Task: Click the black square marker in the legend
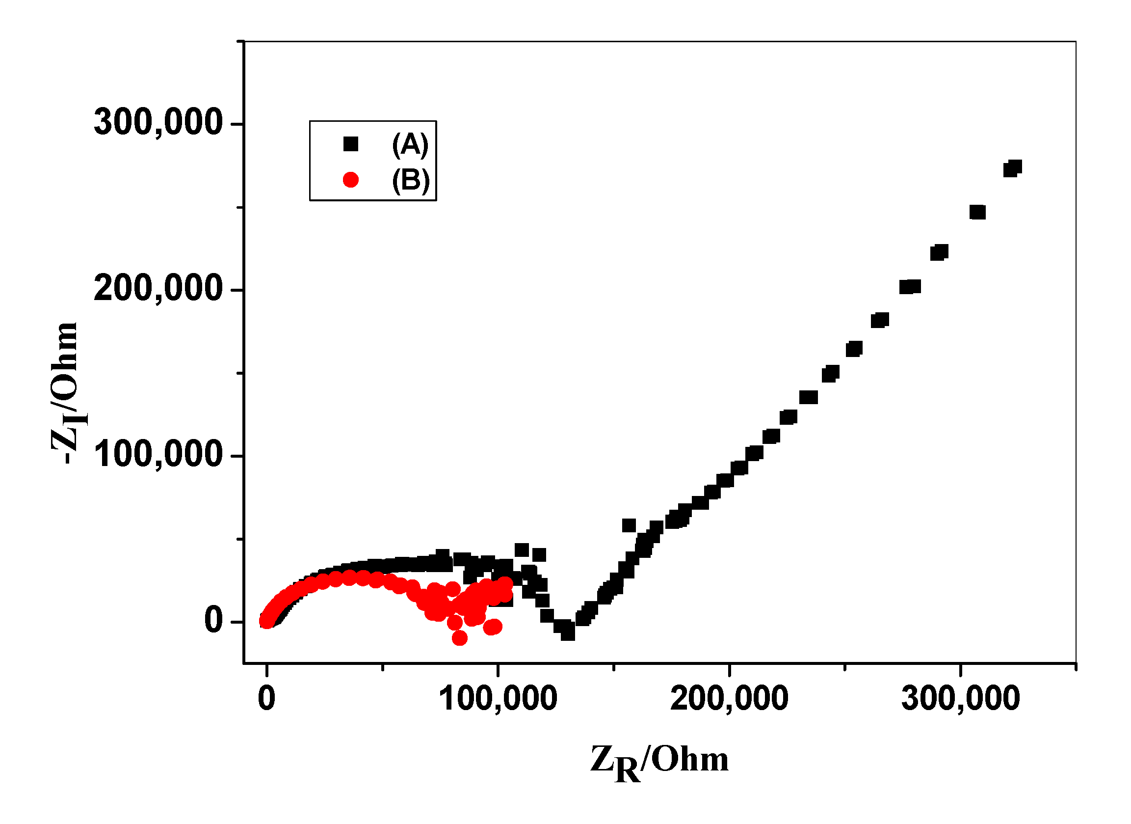point(350,144)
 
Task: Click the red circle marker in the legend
point(350,180)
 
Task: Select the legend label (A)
point(410,145)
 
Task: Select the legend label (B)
point(410,180)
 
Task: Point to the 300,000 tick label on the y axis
point(158,122)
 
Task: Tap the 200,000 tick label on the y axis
point(158,288)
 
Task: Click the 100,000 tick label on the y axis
point(158,455)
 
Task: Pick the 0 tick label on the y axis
point(213,620)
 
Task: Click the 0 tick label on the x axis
point(267,698)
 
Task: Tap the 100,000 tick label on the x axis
point(498,698)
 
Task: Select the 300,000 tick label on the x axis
point(960,698)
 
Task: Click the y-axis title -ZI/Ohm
point(65,393)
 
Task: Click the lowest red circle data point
point(459,638)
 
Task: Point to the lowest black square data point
point(568,633)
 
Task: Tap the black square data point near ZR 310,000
point(978,212)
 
